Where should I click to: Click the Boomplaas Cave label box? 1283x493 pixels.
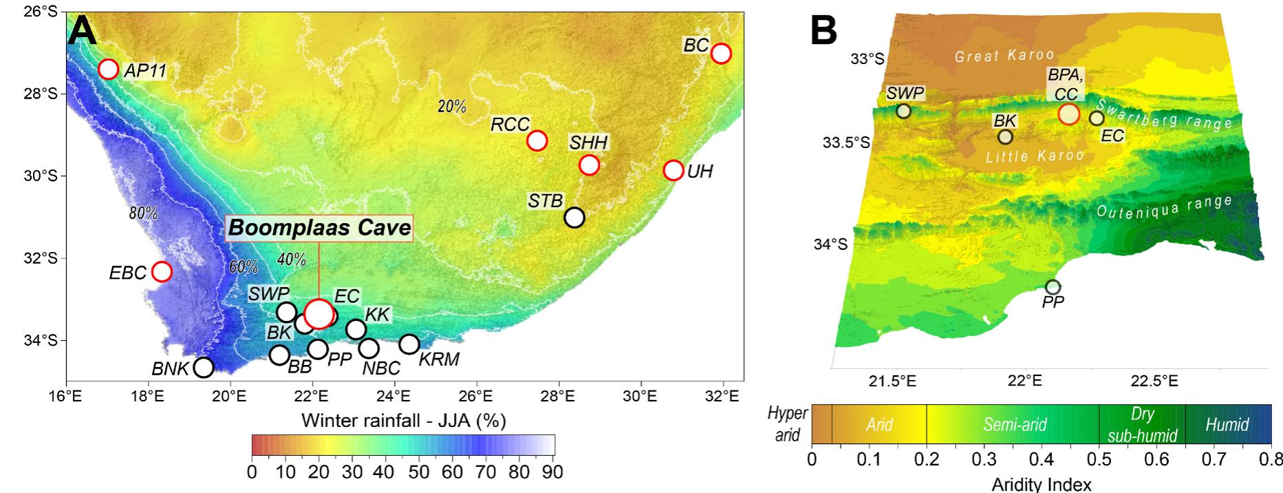point(320,228)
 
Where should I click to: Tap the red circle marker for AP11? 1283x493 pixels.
point(109,69)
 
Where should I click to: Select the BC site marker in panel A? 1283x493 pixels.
point(720,53)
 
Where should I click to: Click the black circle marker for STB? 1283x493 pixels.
point(574,218)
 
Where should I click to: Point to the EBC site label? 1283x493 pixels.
point(128,273)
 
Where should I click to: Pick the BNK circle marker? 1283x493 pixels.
point(204,367)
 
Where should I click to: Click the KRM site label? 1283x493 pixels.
point(439,359)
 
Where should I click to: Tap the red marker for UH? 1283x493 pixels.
point(673,170)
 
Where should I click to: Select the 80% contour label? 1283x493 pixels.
point(143,213)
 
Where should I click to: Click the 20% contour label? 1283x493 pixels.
point(452,107)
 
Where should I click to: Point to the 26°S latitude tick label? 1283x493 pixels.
point(40,12)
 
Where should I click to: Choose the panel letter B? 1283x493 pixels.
point(824,31)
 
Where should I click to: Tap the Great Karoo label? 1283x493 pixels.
point(1004,55)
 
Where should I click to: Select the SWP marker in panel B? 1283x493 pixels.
point(904,111)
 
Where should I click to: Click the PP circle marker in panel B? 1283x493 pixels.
point(1053,286)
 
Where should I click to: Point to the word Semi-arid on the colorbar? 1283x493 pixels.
point(1015,424)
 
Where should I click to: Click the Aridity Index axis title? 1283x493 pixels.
point(1041,485)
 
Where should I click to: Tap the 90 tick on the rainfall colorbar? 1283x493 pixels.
point(552,473)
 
